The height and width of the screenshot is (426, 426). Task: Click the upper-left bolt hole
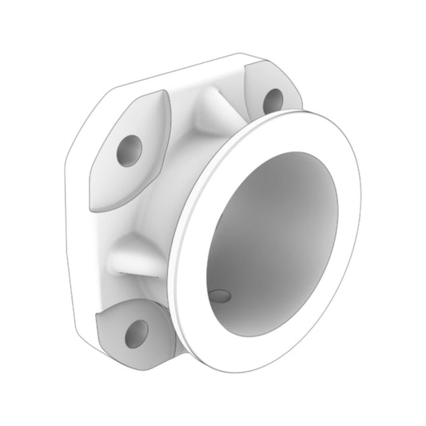(x=129, y=150)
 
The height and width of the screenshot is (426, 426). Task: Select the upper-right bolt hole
(x=273, y=100)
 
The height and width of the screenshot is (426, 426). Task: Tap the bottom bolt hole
(x=137, y=333)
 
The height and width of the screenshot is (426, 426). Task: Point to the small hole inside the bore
(x=220, y=296)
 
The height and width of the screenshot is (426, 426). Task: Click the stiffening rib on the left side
(x=136, y=257)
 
